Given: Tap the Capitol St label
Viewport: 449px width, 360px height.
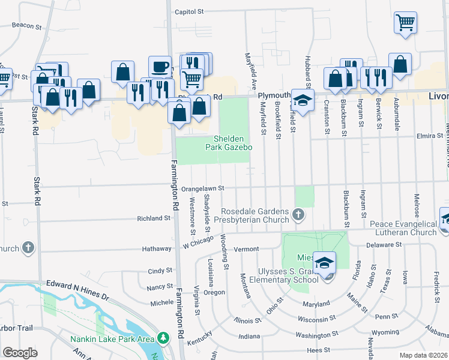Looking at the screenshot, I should tap(189, 11).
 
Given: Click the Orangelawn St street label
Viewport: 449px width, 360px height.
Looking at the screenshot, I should tap(202, 188).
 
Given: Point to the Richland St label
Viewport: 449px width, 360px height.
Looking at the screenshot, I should tap(154, 218).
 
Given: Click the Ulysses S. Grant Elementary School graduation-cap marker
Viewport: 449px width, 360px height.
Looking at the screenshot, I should tap(324, 261).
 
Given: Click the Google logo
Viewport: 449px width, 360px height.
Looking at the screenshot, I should tap(20, 353).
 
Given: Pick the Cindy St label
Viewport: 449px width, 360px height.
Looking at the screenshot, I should tap(160, 271).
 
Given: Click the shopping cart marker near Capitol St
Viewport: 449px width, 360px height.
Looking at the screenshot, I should tap(405, 22).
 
